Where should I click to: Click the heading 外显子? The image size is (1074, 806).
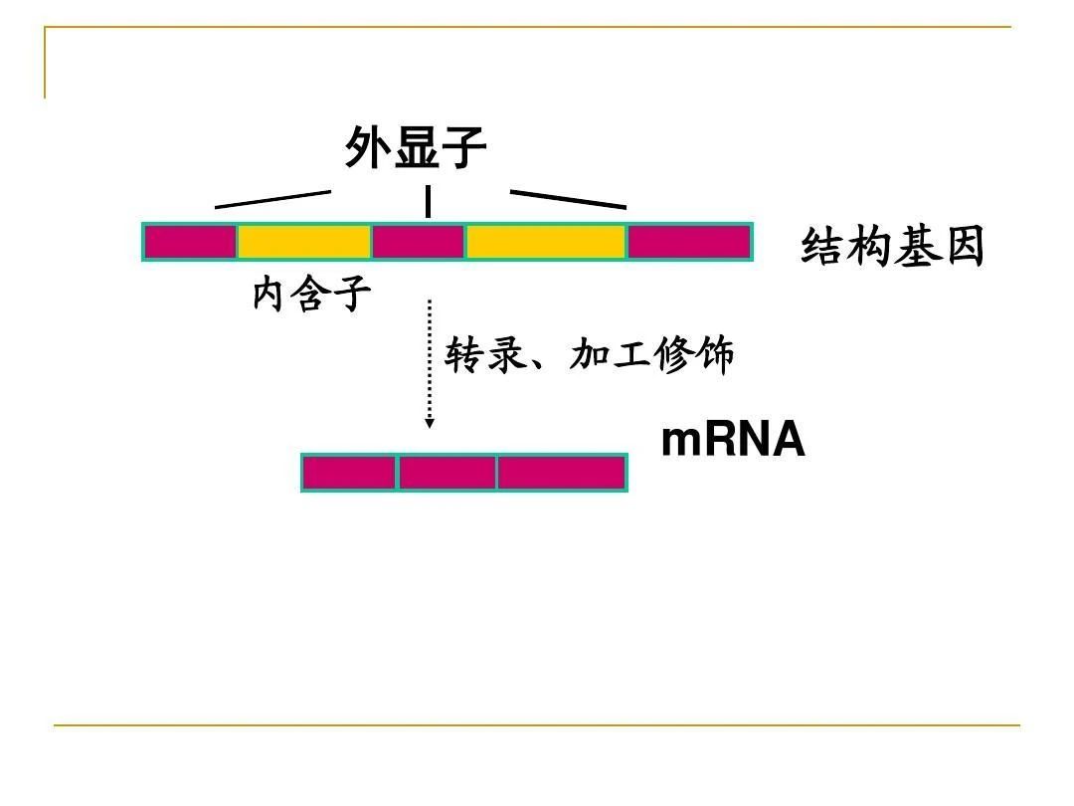point(415,146)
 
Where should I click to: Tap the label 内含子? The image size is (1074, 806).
point(311,294)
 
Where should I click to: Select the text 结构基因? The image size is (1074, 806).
point(892,246)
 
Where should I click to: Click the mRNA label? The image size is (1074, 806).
point(733,440)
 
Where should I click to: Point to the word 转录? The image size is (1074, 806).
point(485,354)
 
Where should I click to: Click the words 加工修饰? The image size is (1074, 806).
point(651,354)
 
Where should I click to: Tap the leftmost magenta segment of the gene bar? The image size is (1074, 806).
point(190,242)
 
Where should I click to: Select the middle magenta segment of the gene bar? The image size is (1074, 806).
point(419,242)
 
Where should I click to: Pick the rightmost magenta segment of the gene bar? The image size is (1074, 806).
point(689,242)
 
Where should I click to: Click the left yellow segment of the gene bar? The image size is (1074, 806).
point(305,242)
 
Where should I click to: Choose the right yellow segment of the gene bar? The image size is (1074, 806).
point(546,242)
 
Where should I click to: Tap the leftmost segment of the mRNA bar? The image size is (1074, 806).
point(349,473)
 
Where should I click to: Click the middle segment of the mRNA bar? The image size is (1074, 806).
point(447,473)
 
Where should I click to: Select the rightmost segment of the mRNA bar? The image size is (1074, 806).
point(562,473)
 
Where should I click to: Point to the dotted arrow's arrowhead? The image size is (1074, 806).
point(430,424)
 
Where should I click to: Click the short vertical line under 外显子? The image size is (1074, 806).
point(428,201)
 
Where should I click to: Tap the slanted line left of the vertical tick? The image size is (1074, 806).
point(272,199)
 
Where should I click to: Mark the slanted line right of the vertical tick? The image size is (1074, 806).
point(569,199)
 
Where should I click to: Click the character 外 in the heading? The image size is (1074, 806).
point(368,146)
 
